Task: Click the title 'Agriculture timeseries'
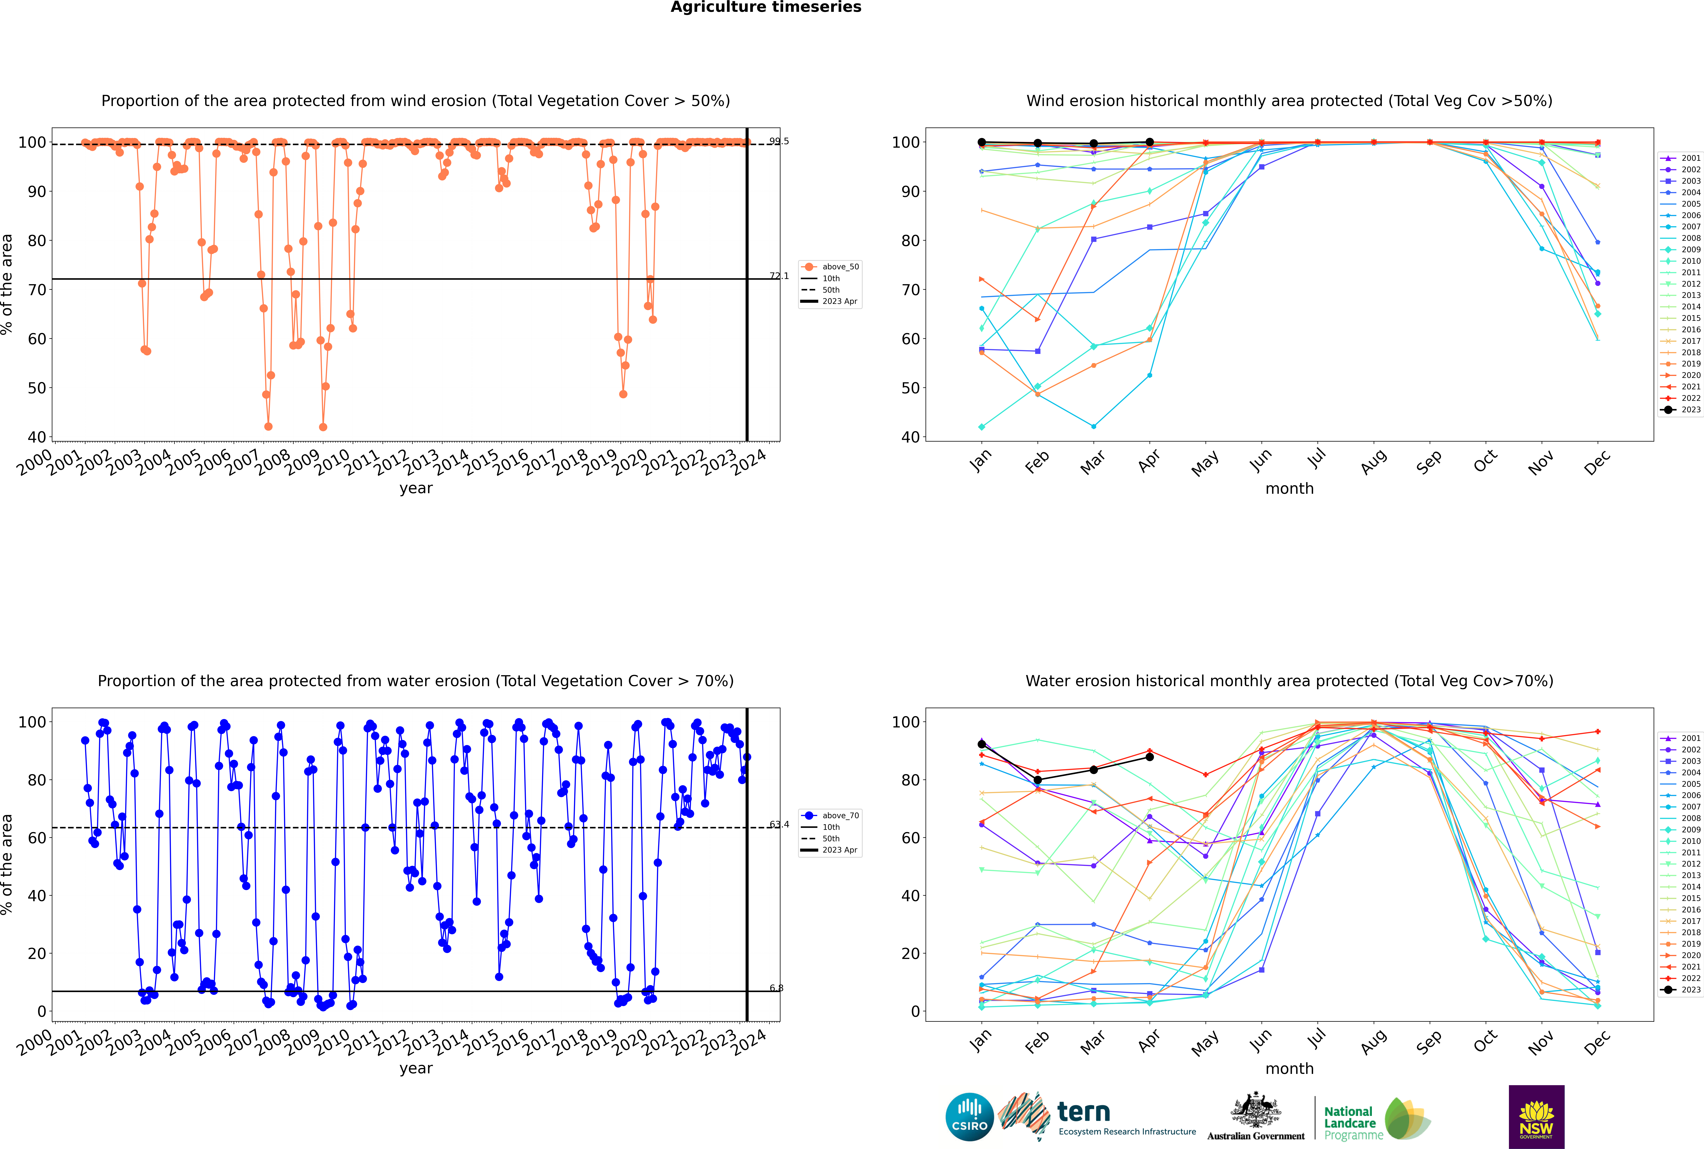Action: pos(766,7)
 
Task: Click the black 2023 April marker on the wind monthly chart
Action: pos(1150,142)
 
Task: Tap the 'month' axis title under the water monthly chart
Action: pos(1289,1068)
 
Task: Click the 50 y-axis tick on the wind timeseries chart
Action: pos(37,388)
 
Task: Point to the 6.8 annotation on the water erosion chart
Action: pos(776,988)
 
